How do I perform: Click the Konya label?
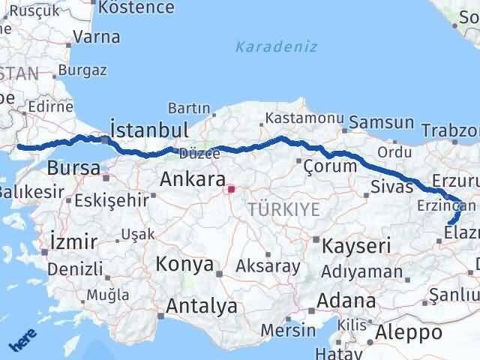184,265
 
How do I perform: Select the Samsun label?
382,121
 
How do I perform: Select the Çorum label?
330,166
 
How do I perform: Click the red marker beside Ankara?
232,189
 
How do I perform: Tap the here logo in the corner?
23,341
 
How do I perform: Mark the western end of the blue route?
19,147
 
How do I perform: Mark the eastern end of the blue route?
449,223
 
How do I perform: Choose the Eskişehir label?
112,200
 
